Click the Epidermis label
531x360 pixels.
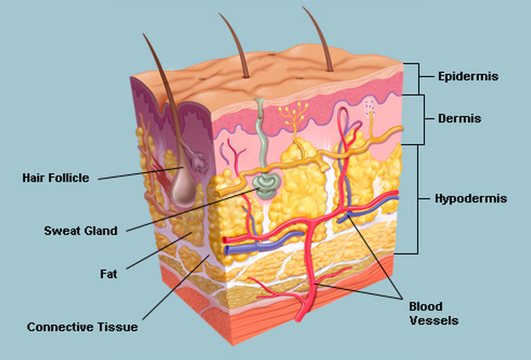pyautogui.click(x=468, y=75)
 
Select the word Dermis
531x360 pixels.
pyautogui.click(x=460, y=118)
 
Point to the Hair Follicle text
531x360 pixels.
pyautogui.click(x=56, y=177)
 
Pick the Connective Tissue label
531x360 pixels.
pyautogui.click(x=82, y=327)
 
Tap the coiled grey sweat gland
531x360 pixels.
pyautogui.click(x=264, y=186)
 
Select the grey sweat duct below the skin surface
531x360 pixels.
pyautogui.click(x=260, y=137)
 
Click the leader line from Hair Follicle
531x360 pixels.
pyautogui.click(x=137, y=172)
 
